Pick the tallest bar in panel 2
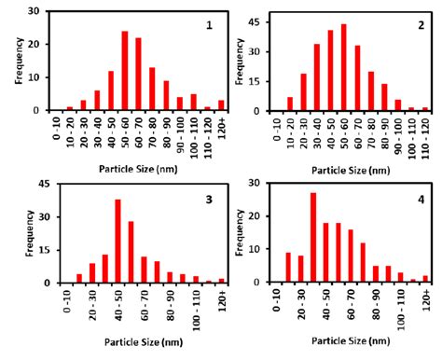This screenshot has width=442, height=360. click(x=343, y=76)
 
